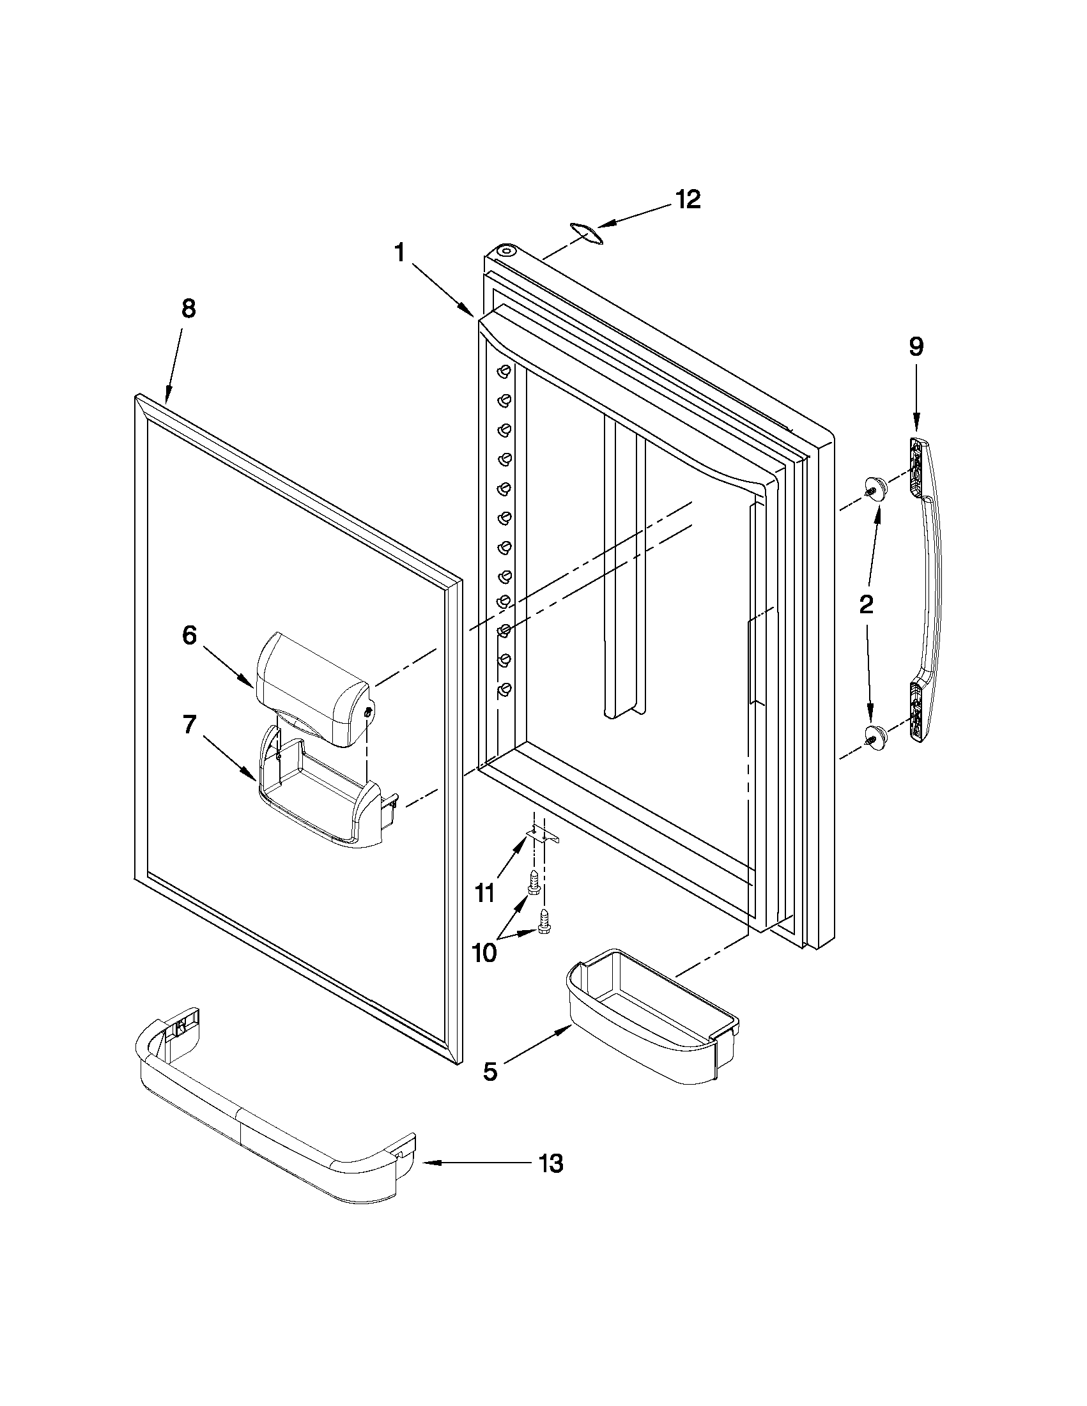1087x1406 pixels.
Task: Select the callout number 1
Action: click(x=400, y=253)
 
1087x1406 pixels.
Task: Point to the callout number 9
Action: click(x=916, y=346)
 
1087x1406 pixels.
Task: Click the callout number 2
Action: click(x=867, y=604)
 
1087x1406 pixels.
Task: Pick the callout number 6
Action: click(x=189, y=636)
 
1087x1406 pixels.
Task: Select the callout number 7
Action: click(x=189, y=726)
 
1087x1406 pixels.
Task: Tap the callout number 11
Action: click(x=484, y=892)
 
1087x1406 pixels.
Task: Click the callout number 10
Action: click(x=484, y=952)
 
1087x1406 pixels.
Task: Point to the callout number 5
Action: click(x=491, y=1071)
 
